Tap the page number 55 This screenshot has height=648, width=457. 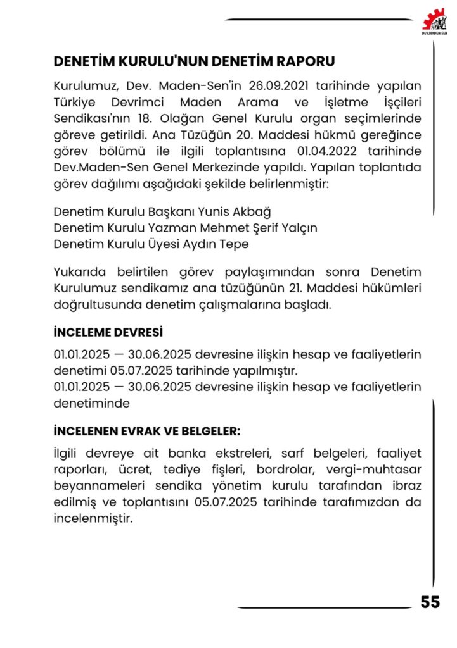(430, 602)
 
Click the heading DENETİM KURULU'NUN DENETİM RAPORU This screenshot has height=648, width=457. (194, 61)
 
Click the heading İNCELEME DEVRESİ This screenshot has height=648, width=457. (108, 332)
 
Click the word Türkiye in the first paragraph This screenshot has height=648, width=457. (74, 102)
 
